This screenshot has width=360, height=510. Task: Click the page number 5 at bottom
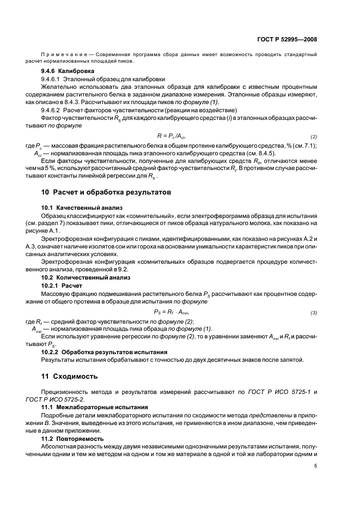coord(316,466)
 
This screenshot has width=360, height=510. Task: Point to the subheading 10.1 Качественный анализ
coord(81,208)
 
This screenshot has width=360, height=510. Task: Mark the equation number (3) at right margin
coord(314,313)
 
